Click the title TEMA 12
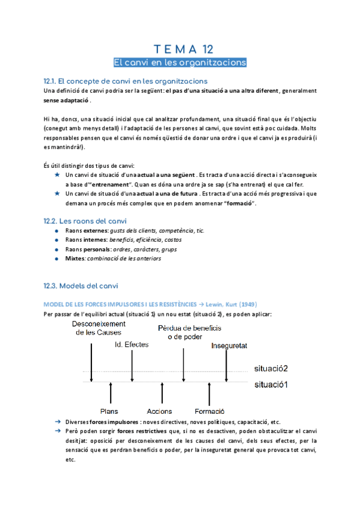tap(180, 49)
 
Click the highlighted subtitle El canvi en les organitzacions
tap(180, 63)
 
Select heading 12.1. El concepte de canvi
tap(126, 81)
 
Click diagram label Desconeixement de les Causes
tap(97, 328)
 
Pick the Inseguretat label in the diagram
tap(229, 345)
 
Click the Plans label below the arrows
tap(109, 411)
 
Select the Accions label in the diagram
tap(159, 411)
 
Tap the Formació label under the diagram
tap(209, 411)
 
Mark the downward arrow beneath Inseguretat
tap(228, 366)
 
